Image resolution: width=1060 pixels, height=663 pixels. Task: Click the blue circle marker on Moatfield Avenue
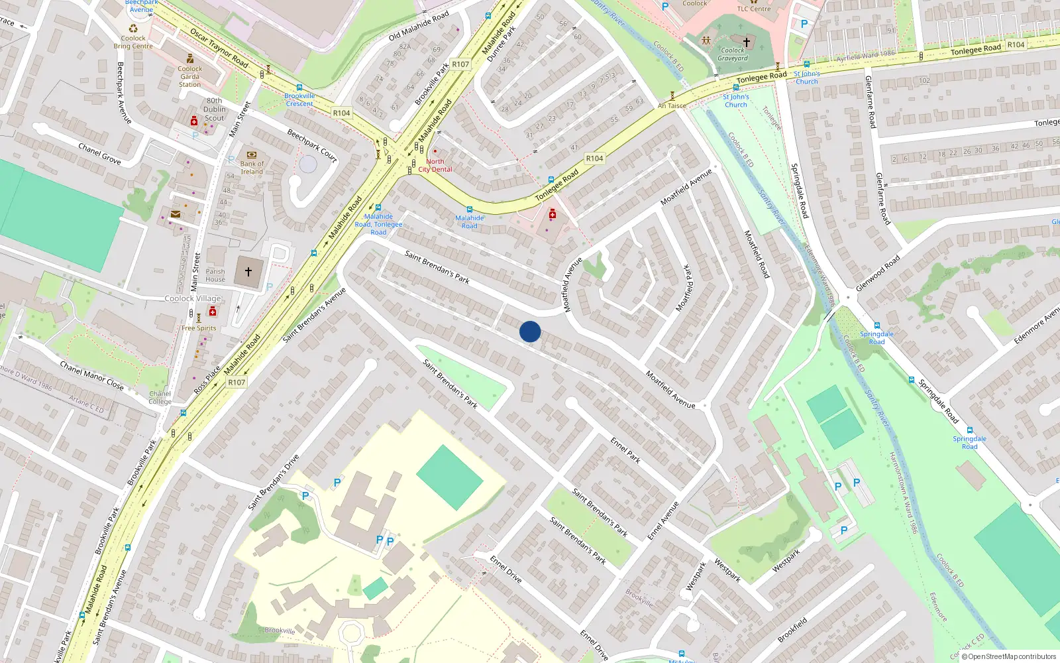[x=530, y=331]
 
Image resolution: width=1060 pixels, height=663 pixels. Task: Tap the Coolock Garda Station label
[x=190, y=76]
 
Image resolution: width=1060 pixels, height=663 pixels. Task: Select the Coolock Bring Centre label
[x=133, y=42]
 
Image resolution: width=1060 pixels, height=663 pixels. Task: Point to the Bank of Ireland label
[x=252, y=168]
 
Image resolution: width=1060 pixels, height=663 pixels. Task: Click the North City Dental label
[x=435, y=165]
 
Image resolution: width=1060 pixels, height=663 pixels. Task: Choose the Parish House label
[x=215, y=275]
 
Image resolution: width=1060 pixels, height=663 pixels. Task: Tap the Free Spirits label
[x=199, y=328]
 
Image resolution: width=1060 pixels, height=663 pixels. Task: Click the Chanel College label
[x=160, y=398]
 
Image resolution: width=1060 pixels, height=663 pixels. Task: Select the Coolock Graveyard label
[x=733, y=54]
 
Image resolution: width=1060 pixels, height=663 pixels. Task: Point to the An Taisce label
[x=672, y=106]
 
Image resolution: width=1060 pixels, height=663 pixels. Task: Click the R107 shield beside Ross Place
[x=237, y=383]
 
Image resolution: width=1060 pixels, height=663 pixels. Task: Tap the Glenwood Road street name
[x=878, y=273]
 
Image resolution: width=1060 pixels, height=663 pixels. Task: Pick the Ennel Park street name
[x=625, y=450]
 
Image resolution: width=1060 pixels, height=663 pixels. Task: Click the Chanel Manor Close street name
[x=91, y=375]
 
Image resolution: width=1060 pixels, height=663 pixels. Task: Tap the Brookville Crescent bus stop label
[x=299, y=99]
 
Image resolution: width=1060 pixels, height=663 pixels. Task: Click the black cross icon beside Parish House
[x=248, y=272]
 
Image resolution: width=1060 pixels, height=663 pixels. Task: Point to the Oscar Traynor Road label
[x=219, y=48]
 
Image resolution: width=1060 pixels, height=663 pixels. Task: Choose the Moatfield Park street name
[x=688, y=288]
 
